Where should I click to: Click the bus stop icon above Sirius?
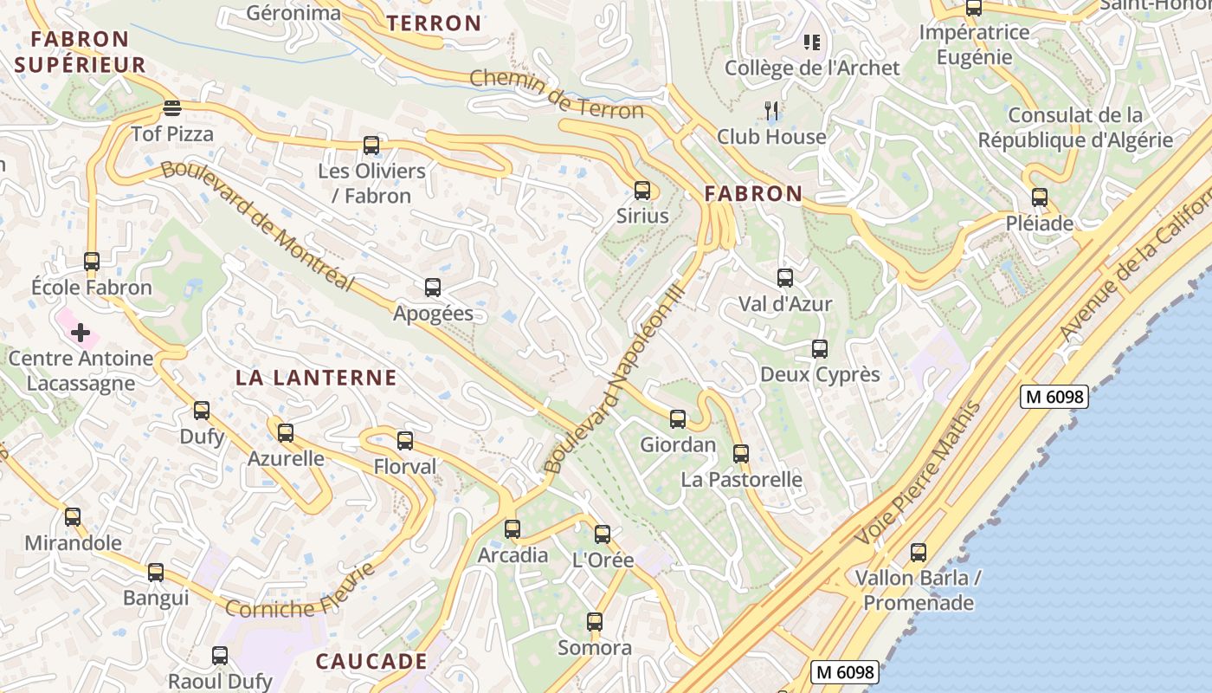click(x=641, y=191)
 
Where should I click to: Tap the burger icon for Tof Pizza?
click(x=171, y=109)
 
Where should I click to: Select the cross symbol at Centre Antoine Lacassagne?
click(x=81, y=333)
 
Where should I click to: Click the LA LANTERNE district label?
click(x=316, y=378)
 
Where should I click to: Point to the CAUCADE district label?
click(x=371, y=662)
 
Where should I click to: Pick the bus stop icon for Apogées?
click(x=433, y=288)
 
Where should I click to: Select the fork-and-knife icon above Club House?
click(x=772, y=111)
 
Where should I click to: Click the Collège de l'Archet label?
click(x=812, y=68)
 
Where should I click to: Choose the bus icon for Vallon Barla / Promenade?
click(x=919, y=552)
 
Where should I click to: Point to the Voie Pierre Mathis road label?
click(x=918, y=474)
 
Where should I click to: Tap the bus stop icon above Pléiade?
click(x=1039, y=198)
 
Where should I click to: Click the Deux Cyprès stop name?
click(x=820, y=374)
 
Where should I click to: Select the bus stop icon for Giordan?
click(x=678, y=419)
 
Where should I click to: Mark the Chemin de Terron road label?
click(x=557, y=94)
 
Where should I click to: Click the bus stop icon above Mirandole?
click(x=73, y=517)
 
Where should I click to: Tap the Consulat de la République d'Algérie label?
click(x=1075, y=127)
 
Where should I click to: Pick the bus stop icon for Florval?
click(x=405, y=441)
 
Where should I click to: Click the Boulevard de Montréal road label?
click(x=257, y=224)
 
